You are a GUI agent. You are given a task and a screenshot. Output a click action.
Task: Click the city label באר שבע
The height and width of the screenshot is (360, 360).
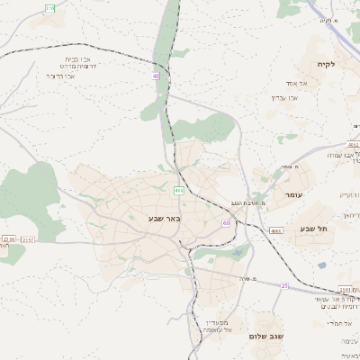coord(165,219)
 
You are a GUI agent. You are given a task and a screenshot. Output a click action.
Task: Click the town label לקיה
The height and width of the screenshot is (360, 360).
coord(325,65)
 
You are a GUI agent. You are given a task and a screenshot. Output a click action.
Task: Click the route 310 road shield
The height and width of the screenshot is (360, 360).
coord(49,7)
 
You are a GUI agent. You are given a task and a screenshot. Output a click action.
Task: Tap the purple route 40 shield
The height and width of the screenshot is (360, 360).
coord(157,76)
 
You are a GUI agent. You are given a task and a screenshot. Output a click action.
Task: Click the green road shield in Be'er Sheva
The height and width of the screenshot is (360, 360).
coord(179,191)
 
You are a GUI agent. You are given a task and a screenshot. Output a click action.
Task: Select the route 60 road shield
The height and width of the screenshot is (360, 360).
coord(225,222)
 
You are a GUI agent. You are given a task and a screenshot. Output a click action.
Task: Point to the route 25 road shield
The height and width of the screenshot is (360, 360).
coord(284,285)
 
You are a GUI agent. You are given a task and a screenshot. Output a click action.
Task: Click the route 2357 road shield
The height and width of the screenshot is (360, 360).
coord(27,239)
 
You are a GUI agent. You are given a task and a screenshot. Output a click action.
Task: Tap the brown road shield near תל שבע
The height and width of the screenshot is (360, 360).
coord(275,231)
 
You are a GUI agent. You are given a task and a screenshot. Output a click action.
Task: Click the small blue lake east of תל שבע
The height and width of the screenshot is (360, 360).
coord(321,265)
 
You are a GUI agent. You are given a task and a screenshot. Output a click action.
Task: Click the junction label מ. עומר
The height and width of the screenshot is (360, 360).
coord(287,167)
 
